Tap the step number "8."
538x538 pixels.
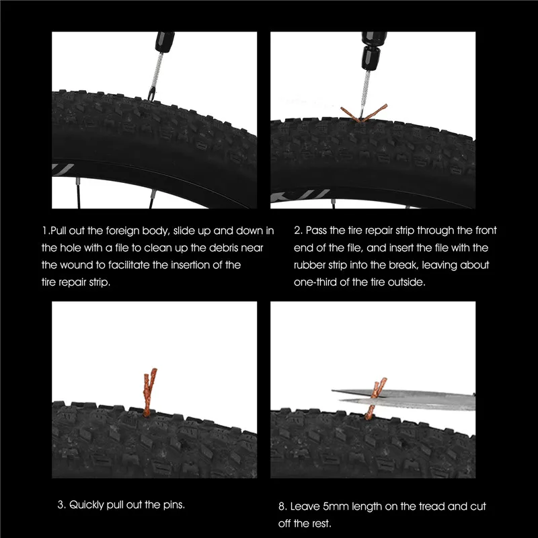pos(282,506)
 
